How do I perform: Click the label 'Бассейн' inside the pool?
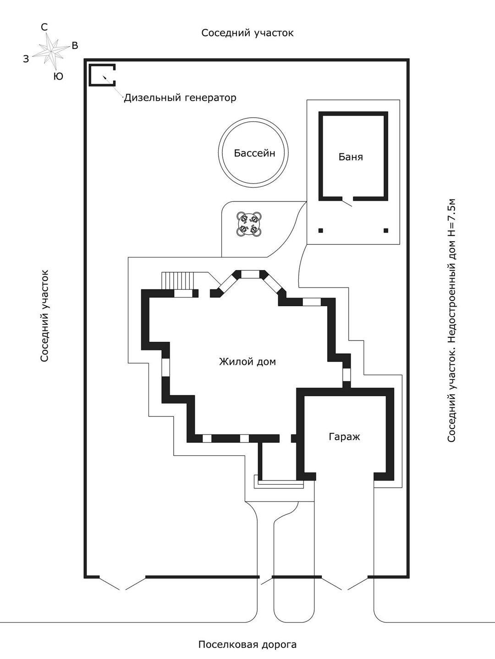coord(254,153)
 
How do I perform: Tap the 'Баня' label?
coord(351,157)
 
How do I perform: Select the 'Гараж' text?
coord(344,437)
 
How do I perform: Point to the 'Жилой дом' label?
coord(247,362)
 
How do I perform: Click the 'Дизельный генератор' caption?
coord(180,97)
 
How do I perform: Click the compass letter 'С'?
coord(44,27)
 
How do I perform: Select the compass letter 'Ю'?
coord(58,76)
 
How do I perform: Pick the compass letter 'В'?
coord(75,45)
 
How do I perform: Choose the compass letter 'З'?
coord(26,59)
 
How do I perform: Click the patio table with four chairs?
coord(249,223)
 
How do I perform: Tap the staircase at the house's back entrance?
coord(177,281)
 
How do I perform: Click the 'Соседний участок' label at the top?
coord(247,33)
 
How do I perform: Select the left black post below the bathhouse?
coord(321,230)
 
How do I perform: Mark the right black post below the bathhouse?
coord(386,230)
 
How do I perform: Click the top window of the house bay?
coord(250,274)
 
